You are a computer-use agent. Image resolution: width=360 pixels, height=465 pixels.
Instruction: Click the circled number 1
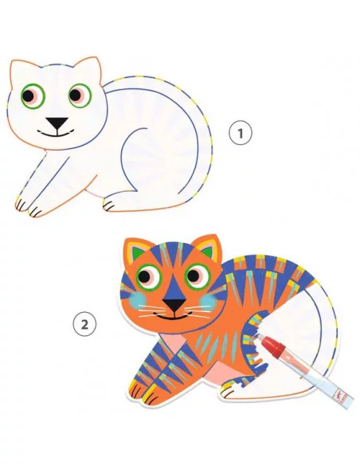pos(241,133)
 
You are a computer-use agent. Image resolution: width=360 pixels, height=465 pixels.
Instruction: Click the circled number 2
pos(84,325)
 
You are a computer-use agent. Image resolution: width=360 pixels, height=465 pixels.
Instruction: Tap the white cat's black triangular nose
pos(57,123)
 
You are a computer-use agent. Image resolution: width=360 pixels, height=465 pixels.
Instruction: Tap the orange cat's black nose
pos(174,304)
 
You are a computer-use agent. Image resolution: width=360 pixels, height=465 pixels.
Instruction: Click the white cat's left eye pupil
pos(28,96)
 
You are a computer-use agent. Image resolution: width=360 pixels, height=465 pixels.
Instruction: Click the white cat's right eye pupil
pos(75,95)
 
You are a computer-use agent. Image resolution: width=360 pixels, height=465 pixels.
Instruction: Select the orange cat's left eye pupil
pos(144,276)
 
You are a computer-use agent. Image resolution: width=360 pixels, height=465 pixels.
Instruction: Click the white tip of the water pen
pos(259,335)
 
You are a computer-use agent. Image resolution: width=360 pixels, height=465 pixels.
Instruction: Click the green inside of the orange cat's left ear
pos(137,253)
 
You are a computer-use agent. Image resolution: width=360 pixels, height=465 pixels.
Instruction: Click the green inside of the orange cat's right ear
pos(208,251)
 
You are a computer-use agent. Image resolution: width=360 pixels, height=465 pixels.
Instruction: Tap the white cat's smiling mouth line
pos(57,133)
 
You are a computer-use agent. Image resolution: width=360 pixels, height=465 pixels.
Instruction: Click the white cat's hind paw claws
pos(108,205)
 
